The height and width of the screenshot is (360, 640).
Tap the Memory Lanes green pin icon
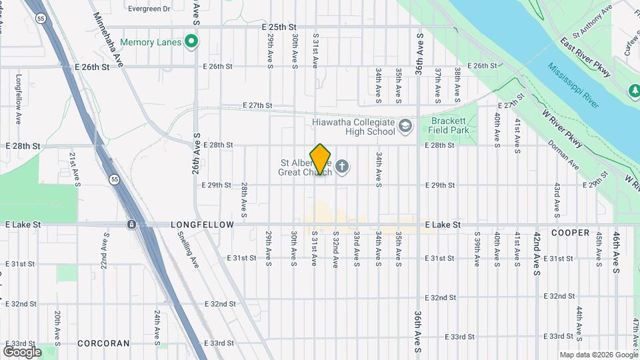tap(192, 43)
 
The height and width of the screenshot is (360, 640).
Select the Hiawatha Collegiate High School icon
tap(405, 125)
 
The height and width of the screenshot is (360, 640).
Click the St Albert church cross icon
tap(342, 166)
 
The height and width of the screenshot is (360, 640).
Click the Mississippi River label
tap(574, 85)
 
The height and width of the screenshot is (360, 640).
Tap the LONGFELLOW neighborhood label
tap(202, 225)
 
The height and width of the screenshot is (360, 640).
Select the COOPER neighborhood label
tap(570, 233)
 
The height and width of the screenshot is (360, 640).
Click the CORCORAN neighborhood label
tap(103, 343)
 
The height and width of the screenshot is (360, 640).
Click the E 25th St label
tap(279, 27)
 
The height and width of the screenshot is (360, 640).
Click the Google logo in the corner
tap(22, 351)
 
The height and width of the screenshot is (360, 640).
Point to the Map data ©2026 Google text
tap(598, 355)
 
